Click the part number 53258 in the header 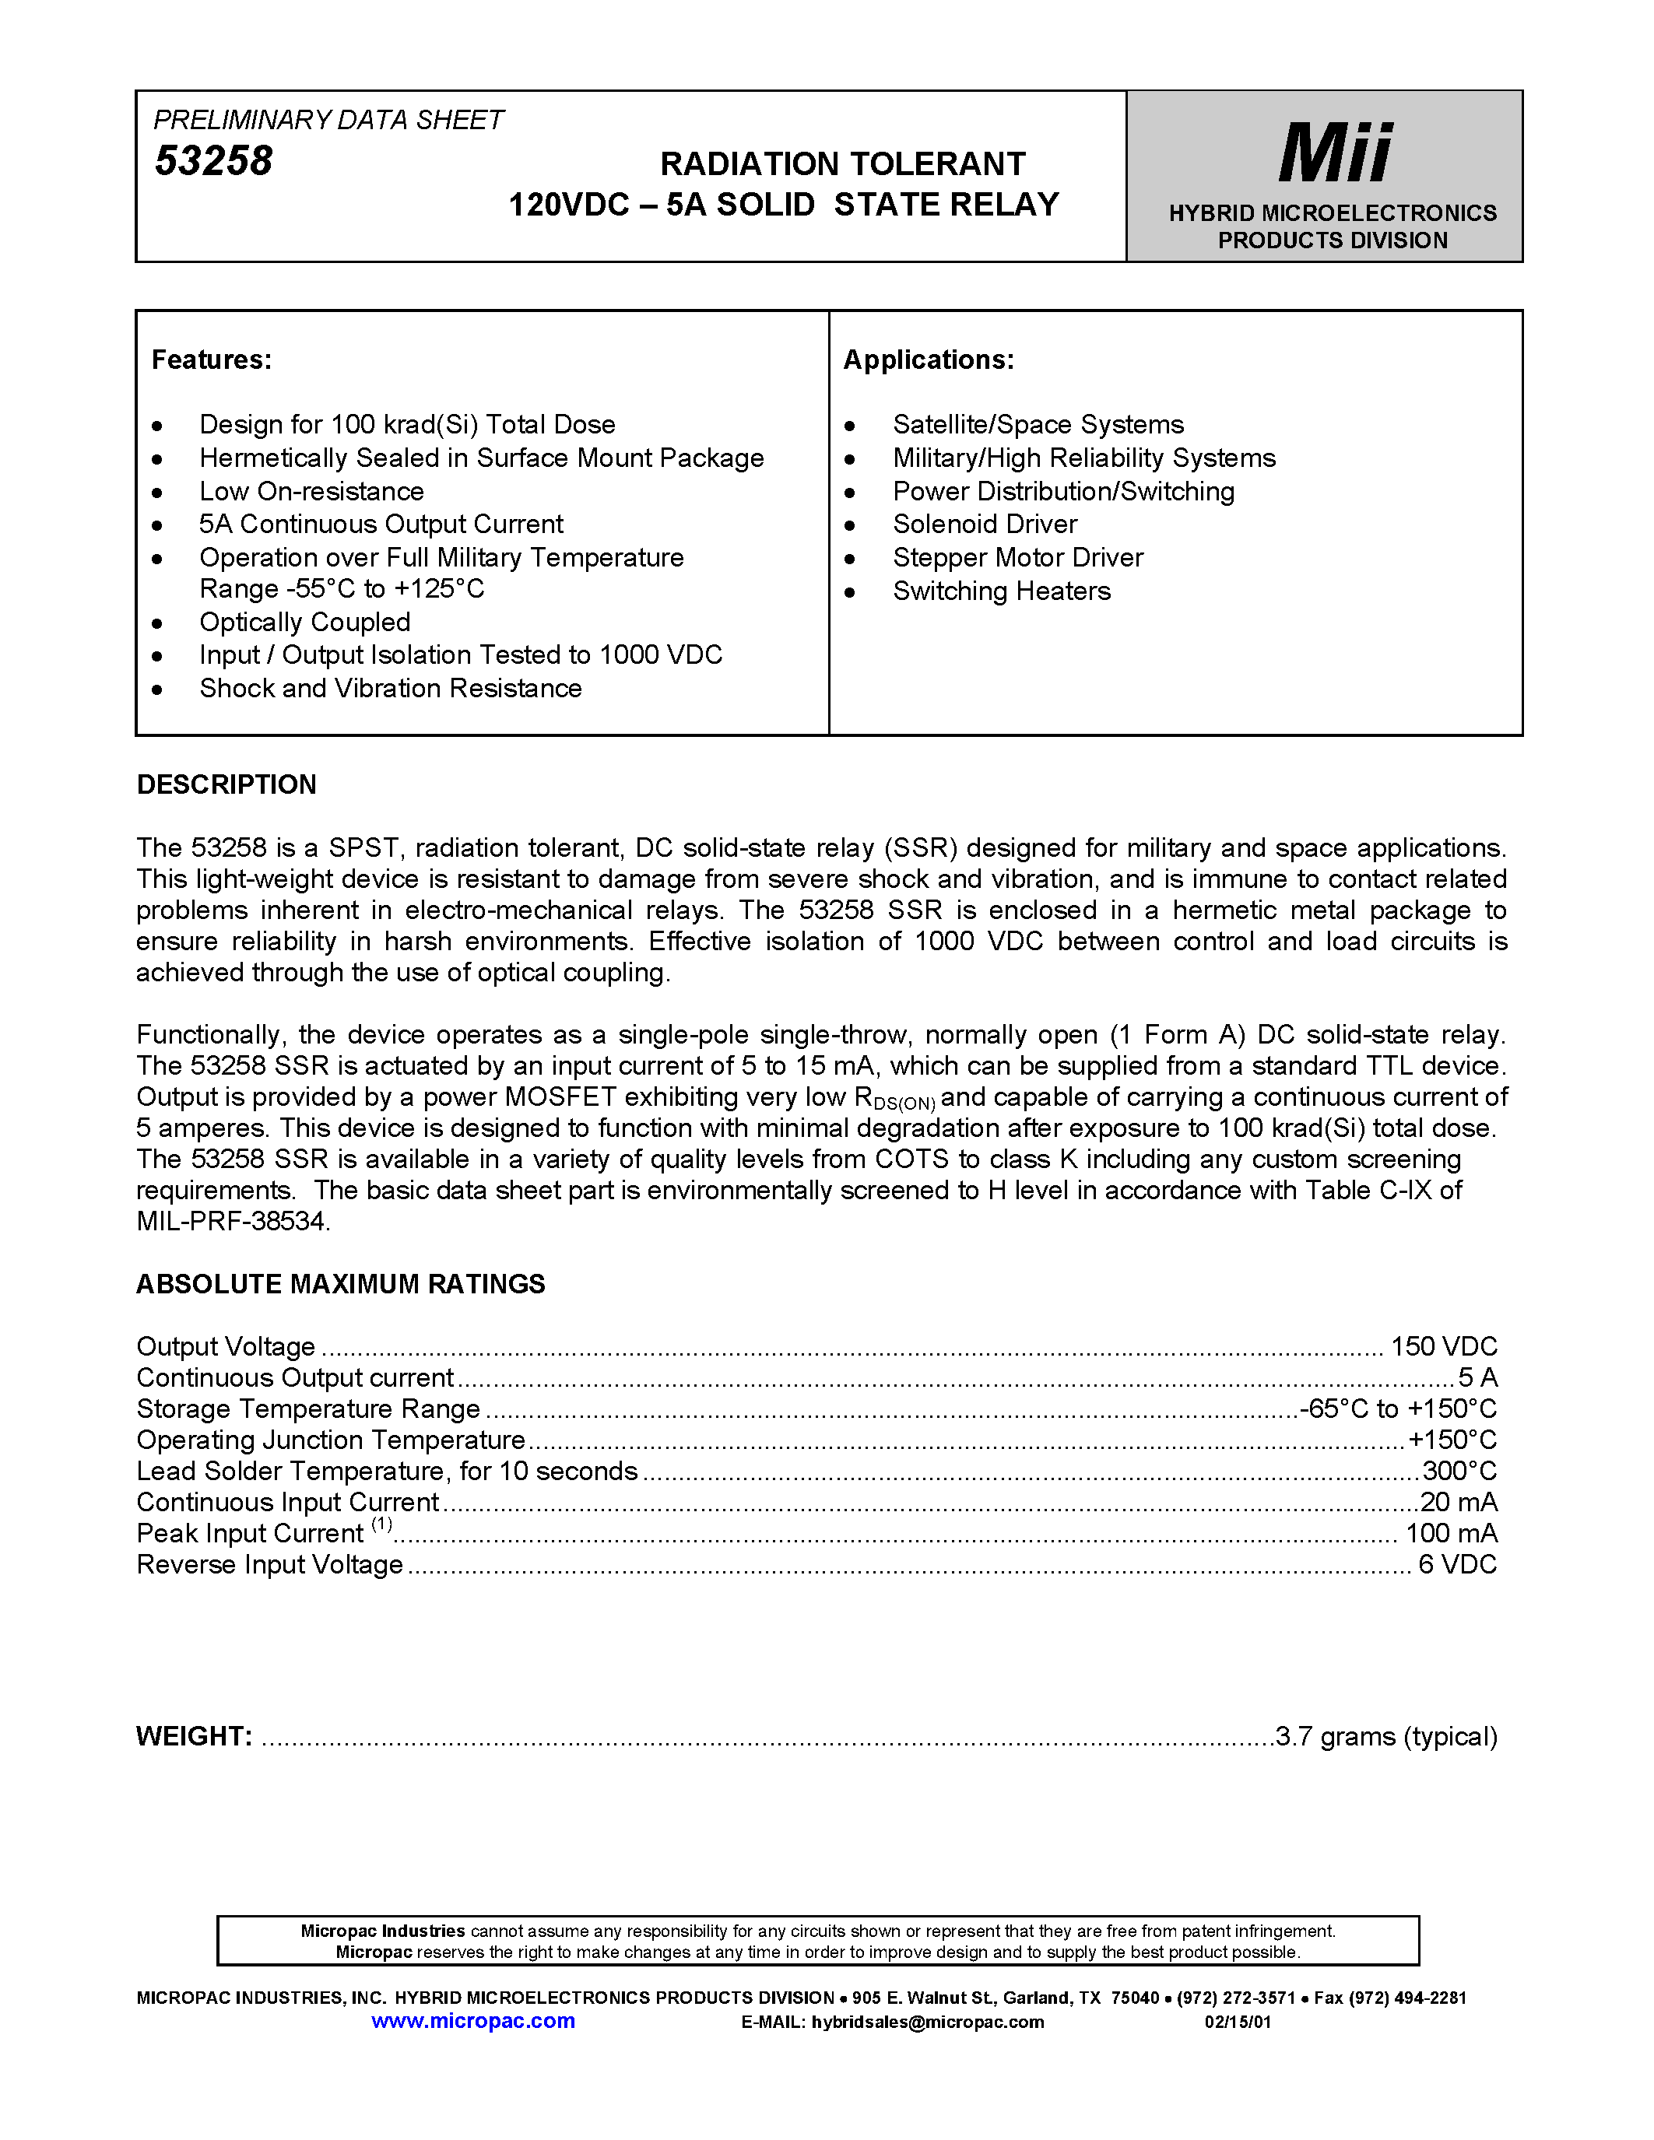[x=213, y=162]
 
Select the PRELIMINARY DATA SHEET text [x=328, y=120]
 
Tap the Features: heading [x=212, y=360]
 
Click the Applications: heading [x=928, y=360]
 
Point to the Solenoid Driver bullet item [x=984, y=524]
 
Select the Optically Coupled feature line [x=305, y=623]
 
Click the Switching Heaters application [x=1002, y=591]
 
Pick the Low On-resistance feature [x=311, y=491]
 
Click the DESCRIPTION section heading [x=227, y=785]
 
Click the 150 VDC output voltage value [x=1443, y=1346]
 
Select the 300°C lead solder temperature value [x=1459, y=1471]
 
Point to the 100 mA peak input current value [x=1451, y=1534]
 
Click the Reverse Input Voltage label [x=269, y=1565]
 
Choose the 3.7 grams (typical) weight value [x=1386, y=1736]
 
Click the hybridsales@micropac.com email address [x=927, y=2022]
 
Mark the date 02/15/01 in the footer [x=1238, y=2022]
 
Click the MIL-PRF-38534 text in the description [x=234, y=1222]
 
